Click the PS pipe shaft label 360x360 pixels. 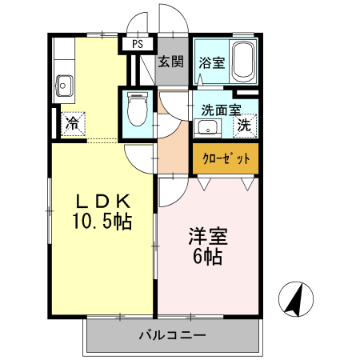coord(138,44)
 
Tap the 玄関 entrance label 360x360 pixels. coord(171,62)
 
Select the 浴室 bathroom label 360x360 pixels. coord(212,63)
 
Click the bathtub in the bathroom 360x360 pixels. coord(242,62)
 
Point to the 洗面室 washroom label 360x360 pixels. coord(221,110)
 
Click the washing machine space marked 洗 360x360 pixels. coord(245,126)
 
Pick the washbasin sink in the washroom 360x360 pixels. coord(207,128)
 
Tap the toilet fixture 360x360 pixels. coord(138,109)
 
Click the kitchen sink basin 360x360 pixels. coord(64,86)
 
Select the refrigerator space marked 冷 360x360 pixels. coord(73,123)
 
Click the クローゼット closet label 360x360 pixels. coord(226,158)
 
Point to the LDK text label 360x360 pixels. coord(103,202)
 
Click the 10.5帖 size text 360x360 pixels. coord(102,222)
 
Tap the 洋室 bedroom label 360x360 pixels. coord(208,236)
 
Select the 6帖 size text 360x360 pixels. coord(208,256)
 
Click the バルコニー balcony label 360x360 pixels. coord(173,335)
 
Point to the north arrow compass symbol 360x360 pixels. coord(296,299)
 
